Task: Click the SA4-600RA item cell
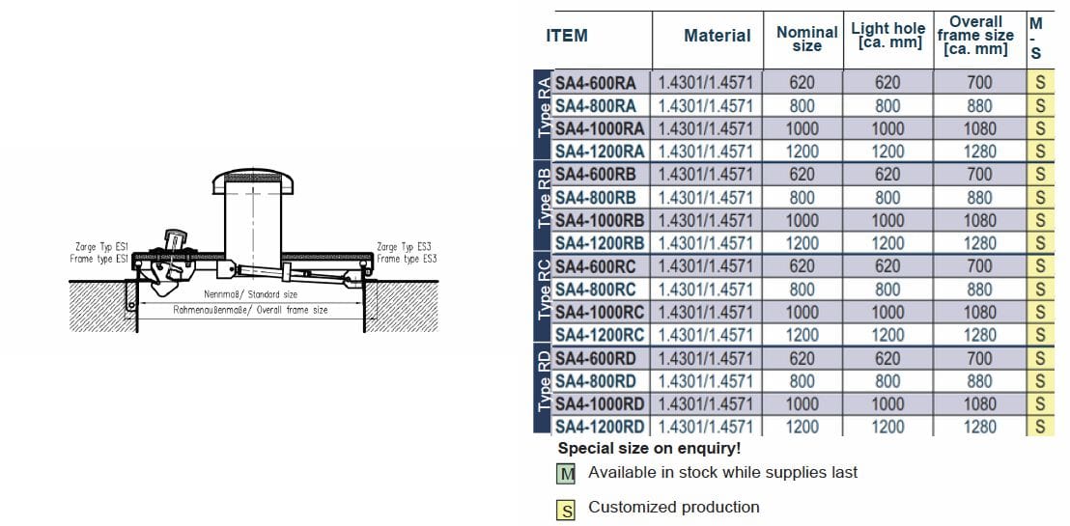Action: [596, 82]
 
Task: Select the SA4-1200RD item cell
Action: [600, 427]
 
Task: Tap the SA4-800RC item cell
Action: [596, 289]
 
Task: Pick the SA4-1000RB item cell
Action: [600, 220]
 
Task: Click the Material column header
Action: [717, 36]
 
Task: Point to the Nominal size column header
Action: [806, 39]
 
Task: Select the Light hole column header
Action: [887, 35]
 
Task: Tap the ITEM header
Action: [567, 36]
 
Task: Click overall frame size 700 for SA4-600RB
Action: [979, 175]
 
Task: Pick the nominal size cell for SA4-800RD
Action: [802, 380]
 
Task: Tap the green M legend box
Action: [567, 474]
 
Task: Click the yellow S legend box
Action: [567, 510]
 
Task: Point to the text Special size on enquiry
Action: [649, 449]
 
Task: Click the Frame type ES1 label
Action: [99, 259]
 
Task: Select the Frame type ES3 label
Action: [407, 259]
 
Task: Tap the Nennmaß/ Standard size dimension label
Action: [250, 294]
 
